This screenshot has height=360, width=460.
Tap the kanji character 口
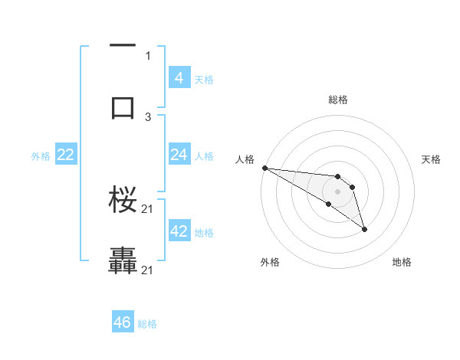tap(123, 106)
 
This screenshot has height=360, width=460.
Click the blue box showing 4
tap(179, 78)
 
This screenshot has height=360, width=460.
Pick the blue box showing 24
tap(179, 155)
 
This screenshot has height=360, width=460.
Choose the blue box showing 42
tap(179, 231)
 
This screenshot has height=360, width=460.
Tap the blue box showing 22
tap(66, 155)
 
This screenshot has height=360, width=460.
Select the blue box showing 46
tap(123, 322)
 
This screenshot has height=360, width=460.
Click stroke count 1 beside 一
tap(148, 55)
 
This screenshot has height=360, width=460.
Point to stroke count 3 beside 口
tap(148, 116)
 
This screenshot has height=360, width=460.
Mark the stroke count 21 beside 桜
tap(148, 209)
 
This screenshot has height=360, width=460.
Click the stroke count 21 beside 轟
tap(148, 270)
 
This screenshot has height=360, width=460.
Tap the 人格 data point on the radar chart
tap(264, 168)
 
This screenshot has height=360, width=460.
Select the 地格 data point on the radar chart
tap(364, 229)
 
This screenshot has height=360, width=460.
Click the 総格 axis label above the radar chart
tap(338, 100)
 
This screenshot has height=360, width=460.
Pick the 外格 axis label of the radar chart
tap(270, 263)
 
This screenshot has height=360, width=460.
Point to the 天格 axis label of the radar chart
tap(431, 159)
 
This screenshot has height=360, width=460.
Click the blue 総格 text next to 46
tap(147, 324)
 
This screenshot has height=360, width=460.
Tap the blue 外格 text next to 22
tap(41, 156)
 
